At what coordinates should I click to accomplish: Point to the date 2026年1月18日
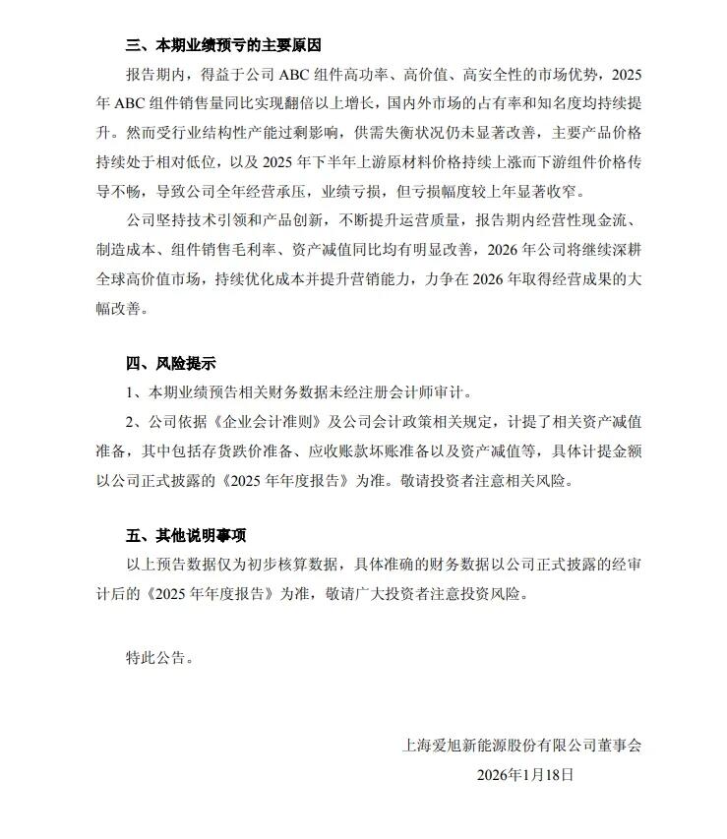523,774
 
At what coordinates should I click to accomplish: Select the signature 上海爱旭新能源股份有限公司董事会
521,746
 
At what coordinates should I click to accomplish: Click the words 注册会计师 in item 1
402,392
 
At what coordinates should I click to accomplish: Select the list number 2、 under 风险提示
136,422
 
